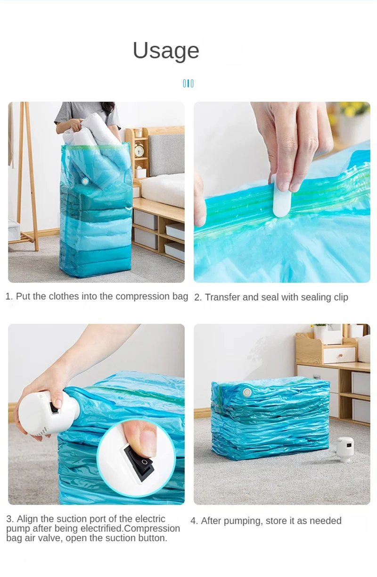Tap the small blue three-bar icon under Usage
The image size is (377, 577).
pyautogui.click(x=188, y=84)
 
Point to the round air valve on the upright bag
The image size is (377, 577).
pyautogui.click(x=85, y=181)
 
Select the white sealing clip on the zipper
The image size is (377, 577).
pyautogui.click(x=281, y=196)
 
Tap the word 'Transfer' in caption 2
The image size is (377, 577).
pyautogui.click(x=222, y=297)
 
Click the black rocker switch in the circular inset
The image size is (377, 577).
pyautogui.click(x=139, y=464)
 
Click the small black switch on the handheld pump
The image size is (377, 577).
pyautogui.click(x=54, y=408)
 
